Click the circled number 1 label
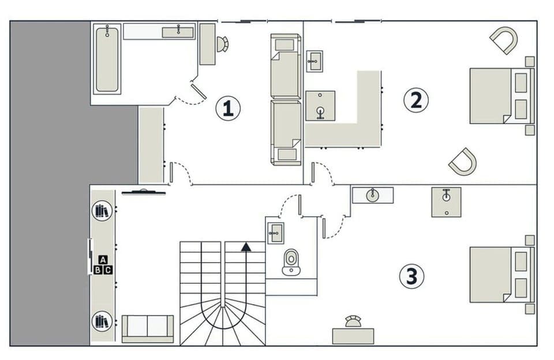228,108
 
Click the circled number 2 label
415,100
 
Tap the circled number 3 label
411,276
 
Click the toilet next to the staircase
291,261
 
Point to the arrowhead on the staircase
246,247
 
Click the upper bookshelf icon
102,211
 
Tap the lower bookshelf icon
102,320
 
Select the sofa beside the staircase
148,328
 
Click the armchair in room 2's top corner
504,40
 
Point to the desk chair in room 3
353,321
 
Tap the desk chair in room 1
223,44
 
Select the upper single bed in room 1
286,66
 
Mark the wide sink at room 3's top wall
372,195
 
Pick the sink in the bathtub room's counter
178,32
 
